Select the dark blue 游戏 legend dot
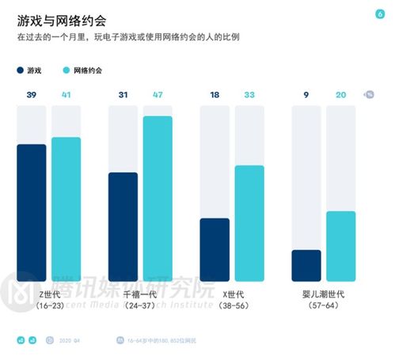point(19,70)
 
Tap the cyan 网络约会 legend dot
point(66,70)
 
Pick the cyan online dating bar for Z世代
point(66,209)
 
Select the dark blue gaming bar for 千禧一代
point(123,226)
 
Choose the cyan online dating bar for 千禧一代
point(158,198)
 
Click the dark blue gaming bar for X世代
point(215,249)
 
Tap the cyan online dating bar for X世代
point(249,222)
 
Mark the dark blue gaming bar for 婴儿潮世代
point(306,265)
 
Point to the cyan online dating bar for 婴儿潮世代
point(341,245)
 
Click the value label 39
point(31,95)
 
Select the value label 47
point(158,95)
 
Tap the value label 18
point(215,95)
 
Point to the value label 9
point(306,95)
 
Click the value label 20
point(341,95)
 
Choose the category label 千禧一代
point(140,294)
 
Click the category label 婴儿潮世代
point(324,294)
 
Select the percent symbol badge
point(370,95)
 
